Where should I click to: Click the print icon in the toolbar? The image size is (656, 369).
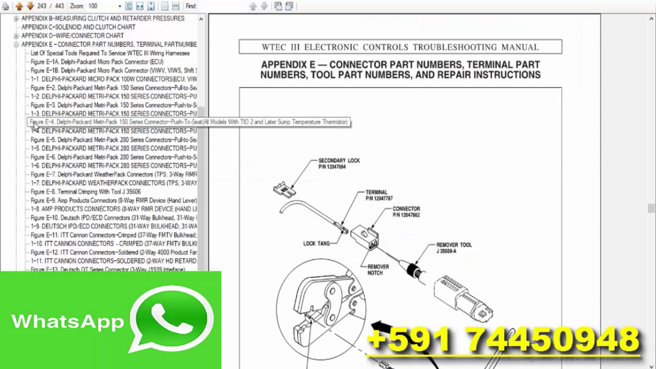pos(6,6)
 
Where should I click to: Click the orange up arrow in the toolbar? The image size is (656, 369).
pos(19,6)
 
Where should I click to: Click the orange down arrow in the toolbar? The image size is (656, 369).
pos(29,6)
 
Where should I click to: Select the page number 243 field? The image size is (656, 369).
pos(42,6)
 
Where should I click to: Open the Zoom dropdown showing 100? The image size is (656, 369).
pos(102,6)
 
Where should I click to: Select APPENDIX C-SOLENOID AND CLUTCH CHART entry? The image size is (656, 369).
pos(78,28)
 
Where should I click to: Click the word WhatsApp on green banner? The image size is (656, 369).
pos(67,322)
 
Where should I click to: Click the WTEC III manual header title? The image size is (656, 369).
pos(400,47)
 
